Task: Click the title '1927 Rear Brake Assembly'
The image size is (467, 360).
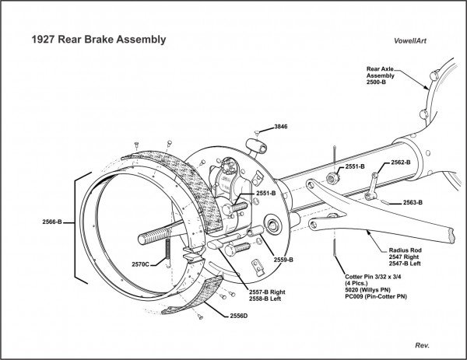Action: [x=98, y=38]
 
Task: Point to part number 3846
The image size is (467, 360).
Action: [x=280, y=126]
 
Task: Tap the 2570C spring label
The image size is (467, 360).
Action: [x=141, y=264]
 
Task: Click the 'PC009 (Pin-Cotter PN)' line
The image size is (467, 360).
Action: [x=376, y=297]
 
